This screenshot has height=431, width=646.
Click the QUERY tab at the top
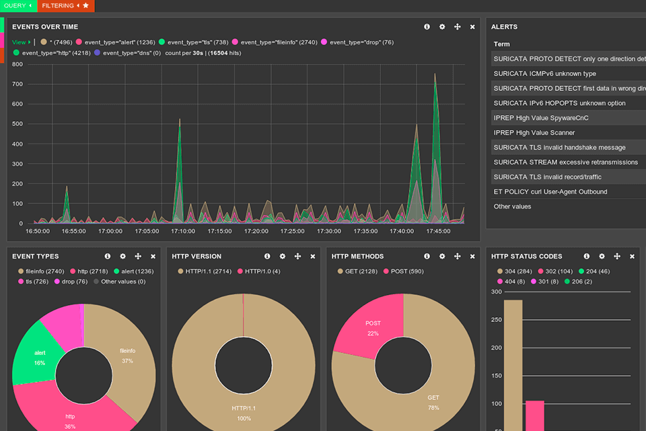[17, 5]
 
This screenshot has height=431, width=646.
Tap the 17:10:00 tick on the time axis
[183, 231]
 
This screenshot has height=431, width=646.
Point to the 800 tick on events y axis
[17, 65]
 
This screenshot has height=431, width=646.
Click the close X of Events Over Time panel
[472, 27]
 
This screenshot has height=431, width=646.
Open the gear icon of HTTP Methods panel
[442, 257]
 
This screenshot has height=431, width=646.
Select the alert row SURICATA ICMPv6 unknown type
[544, 73]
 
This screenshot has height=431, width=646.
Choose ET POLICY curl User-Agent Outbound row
[550, 192]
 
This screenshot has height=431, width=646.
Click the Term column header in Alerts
[502, 44]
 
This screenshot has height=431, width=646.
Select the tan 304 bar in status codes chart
[513, 364]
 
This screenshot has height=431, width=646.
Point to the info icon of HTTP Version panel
[267, 257]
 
